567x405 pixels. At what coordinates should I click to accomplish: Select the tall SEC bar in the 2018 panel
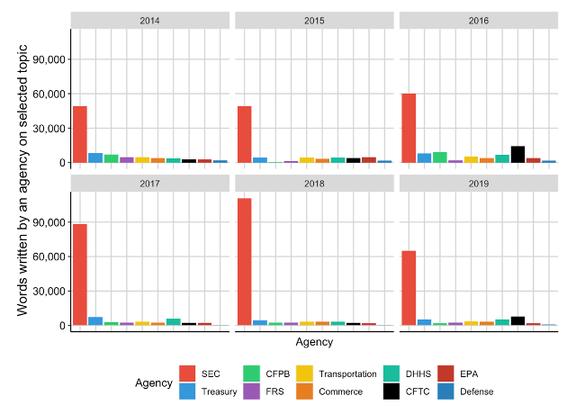point(244,261)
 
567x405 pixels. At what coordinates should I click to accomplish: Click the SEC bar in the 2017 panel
point(80,274)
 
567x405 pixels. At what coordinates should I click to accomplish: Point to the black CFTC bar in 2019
point(517,320)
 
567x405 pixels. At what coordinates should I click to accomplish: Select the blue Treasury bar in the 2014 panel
point(95,157)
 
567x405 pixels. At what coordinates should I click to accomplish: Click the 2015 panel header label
point(315,20)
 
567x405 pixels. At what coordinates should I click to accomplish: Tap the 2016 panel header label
point(479,20)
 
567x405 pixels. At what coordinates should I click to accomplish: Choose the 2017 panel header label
point(150,183)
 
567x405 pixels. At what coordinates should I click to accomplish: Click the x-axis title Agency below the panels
point(314,342)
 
